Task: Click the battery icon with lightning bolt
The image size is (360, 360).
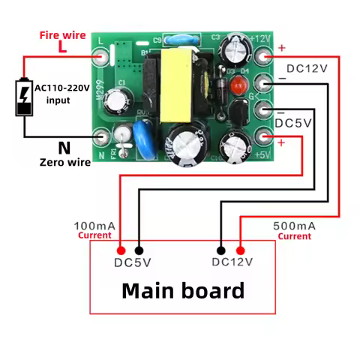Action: pos(24,97)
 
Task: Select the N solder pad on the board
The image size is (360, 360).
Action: pos(101,136)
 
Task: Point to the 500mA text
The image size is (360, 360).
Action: pos(295,225)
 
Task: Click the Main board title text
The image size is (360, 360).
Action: pos(183,290)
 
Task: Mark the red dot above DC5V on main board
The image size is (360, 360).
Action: pos(121,250)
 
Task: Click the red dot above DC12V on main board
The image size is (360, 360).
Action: pos(240,250)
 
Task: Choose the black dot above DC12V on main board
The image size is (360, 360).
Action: pos(221,250)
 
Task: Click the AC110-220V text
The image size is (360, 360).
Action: pos(61,88)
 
